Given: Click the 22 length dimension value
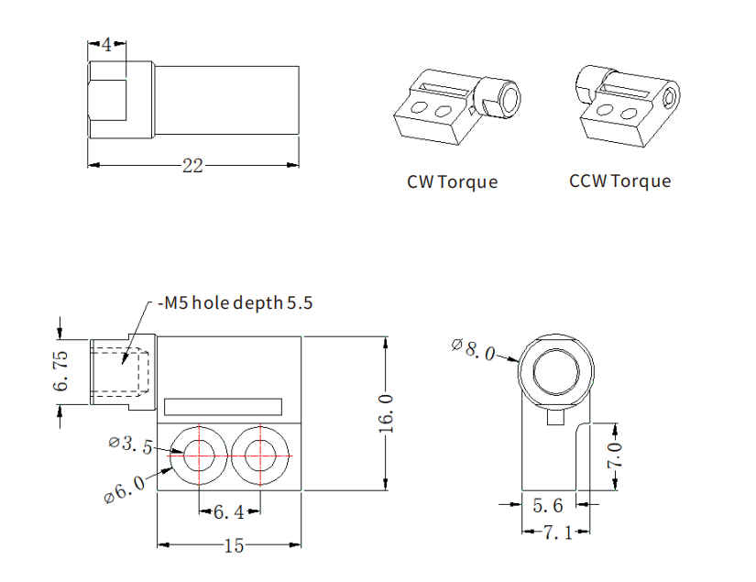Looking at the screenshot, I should pos(192,166).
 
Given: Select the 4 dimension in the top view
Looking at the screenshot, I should pos(107,45).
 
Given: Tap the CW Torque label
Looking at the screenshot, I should pos(452,181).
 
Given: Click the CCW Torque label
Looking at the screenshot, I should pos(619,181).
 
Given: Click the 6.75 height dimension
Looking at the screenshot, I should pos(61,371).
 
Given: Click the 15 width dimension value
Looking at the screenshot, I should pos(234,545).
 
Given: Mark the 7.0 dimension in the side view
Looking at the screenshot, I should pos(616,456).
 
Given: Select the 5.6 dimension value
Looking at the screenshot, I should pos(548,503).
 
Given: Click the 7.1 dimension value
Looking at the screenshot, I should pos(557,532).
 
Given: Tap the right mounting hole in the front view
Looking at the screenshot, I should pos(259,452).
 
